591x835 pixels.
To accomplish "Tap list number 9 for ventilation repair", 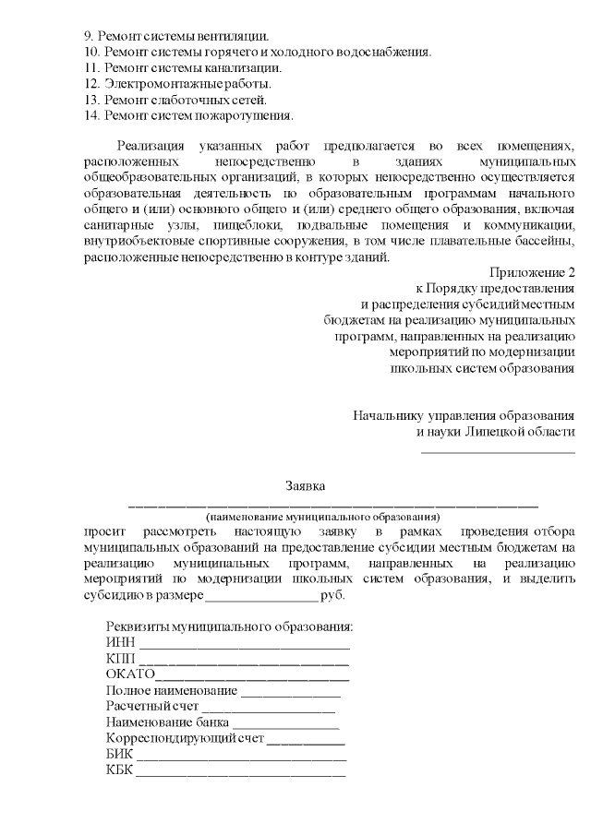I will [88, 34].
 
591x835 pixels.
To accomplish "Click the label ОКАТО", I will [130, 674].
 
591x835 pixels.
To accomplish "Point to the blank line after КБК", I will [240, 773].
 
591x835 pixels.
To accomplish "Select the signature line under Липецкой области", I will [498, 452].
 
